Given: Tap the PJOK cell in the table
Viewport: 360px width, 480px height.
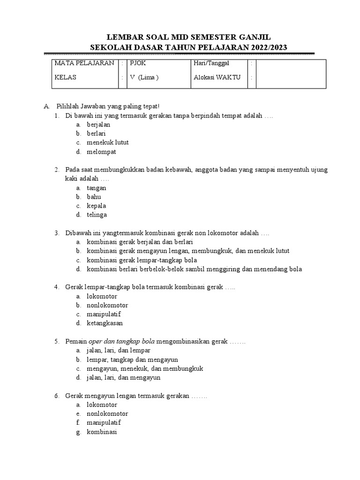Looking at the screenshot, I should click(138, 63).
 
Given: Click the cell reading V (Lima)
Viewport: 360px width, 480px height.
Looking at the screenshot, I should click(144, 78).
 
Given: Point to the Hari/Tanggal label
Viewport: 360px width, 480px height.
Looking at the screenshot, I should click(211, 63).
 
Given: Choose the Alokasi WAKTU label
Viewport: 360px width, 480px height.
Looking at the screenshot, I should click(217, 78).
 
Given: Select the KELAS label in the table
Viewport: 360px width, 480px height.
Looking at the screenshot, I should click(65, 78).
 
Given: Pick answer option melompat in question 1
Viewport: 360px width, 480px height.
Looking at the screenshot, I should click(101, 152).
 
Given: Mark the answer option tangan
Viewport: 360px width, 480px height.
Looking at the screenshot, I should click(97, 188).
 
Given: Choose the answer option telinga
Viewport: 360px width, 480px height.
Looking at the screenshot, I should click(97, 215).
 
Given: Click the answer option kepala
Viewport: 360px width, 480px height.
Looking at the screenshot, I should click(97, 206).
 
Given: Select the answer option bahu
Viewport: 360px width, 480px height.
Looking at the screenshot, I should click(94, 197).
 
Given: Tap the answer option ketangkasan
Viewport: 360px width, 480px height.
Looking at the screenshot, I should click(105, 323).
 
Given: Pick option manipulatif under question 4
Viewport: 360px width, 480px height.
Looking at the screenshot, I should click(104, 315).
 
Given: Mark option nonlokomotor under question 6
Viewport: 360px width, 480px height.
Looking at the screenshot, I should click(107, 414).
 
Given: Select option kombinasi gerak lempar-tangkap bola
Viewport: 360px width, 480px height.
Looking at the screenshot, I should click(142, 260).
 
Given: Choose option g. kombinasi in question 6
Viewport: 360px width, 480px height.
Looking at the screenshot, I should click(101, 432).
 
